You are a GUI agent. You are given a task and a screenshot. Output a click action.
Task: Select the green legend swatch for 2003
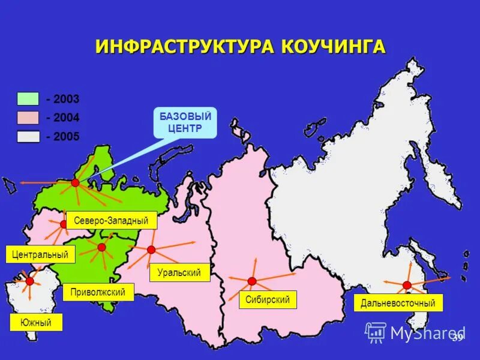[x=28, y=99]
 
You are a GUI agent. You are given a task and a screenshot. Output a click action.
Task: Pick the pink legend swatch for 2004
[x=28, y=118]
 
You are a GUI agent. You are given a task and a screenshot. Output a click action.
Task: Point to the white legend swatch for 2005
[x=28, y=136]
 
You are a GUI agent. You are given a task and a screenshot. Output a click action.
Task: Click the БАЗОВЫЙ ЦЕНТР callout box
[x=185, y=122]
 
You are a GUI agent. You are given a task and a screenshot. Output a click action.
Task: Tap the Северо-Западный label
[x=111, y=220]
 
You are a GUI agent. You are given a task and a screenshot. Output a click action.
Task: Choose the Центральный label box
[x=40, y=254]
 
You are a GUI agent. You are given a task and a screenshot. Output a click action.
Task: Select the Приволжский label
[x=98, y=292]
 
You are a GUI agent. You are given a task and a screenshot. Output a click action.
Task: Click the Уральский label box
[x=179, y=272]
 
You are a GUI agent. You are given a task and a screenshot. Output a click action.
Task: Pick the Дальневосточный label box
[x=398, y=303]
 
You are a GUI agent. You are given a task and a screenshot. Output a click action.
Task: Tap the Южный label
[x=36, y=323]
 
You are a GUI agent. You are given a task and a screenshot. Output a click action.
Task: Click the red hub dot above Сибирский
[x=252, y=281]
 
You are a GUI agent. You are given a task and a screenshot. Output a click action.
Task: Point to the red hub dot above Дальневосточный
[x=407, y=284]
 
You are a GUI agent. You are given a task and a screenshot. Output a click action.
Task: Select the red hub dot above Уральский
[x=151, y=250]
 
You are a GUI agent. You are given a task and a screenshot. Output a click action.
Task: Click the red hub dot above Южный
[x=29, y=281]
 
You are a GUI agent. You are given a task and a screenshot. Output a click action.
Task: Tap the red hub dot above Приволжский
[x=101, y=247]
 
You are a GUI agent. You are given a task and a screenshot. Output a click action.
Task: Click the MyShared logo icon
[x=376, y=332]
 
